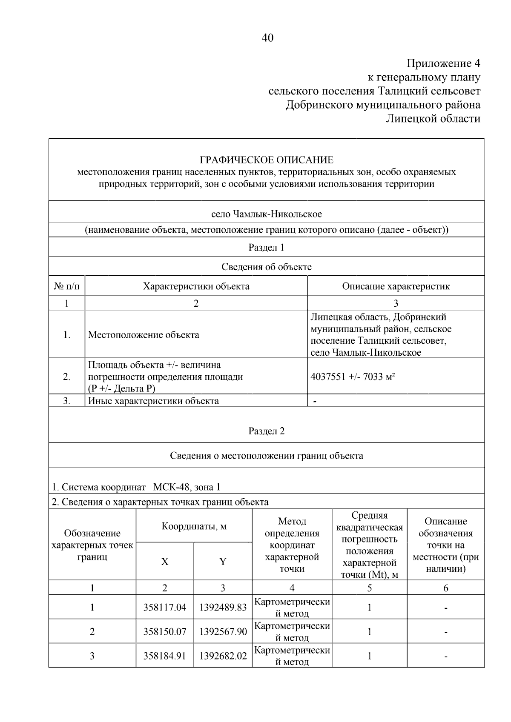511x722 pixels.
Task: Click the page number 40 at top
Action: [x=267, y=38]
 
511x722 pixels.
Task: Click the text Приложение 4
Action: [x=443, y=64]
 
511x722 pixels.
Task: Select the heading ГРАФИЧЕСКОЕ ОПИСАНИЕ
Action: [x=267, y=160]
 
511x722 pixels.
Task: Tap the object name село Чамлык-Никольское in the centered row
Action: [x=267, y=214]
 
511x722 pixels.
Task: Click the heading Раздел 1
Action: [x=267, y=248]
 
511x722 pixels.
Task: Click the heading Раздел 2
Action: [x=267, y=431]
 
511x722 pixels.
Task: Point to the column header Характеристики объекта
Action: [x=196, y=286]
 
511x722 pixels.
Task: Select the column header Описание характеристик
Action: [x=396, y=286]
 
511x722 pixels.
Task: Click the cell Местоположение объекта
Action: [x=144, y=335]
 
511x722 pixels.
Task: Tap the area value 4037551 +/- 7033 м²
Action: [x=353, y=377]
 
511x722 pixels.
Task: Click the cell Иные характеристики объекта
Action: [x=153, y=401]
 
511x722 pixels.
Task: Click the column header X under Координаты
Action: [x=165, y=562]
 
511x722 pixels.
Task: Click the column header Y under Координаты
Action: [x=223, y=562]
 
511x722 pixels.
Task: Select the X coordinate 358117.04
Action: [x=165, y=608]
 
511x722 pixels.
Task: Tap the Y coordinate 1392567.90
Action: [x=223, y=632]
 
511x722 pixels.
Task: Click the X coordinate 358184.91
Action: [x=165, y=656]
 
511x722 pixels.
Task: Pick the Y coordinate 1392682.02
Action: [x=223, y=656]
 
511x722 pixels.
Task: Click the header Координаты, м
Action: [x=194, y=526]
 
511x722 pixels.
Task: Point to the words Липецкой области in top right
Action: [x=433, y=118]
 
